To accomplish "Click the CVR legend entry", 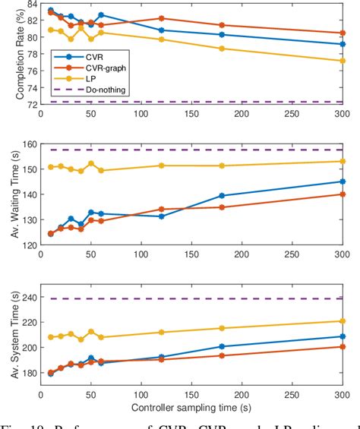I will coord(93,55).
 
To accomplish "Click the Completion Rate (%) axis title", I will coord(10,54).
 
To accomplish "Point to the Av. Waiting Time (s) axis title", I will coord(10,194).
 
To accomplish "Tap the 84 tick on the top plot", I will coord(29,5).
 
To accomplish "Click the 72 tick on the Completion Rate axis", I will coord(29,105).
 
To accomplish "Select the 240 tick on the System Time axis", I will coord(26,298).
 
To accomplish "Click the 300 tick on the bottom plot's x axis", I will coord(341,396).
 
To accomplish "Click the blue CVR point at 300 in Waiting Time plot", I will coord(342,181).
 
